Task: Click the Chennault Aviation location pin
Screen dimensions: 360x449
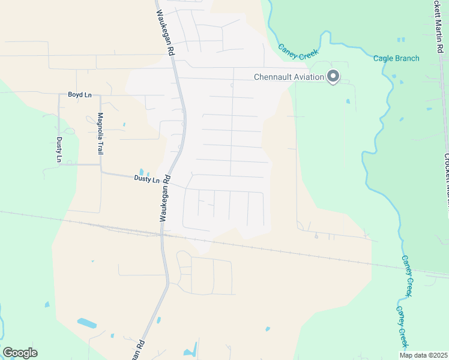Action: pyautogui.click(x=333, y=76)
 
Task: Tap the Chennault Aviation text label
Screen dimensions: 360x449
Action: pyautogui.click(x=288, y=77)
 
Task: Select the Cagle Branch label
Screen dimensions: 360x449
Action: pyautogui.click(x=396, y=58)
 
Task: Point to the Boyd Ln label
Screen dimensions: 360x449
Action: pyautogui.click(x=79, y=95)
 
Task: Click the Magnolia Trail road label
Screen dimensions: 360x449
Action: pyautogui.click(x=101, y=133)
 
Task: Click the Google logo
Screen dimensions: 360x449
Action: pyautogui.click(x=20, y=353)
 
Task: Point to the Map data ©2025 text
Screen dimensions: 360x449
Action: pyautogui.click(x=423, y=355)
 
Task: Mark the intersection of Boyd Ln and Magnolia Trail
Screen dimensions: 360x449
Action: pyautogui.click(x=100, y=95)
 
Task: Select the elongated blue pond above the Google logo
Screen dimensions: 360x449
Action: pyautogui.click(x=86, y=323)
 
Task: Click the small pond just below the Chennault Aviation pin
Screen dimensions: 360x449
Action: pyautogui.click(x=348, y=101)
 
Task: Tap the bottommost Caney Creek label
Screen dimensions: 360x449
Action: pyautogui.click(x=401, y=326)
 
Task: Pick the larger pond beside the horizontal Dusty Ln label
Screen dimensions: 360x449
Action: pyautogui.click(x=141, y=172)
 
